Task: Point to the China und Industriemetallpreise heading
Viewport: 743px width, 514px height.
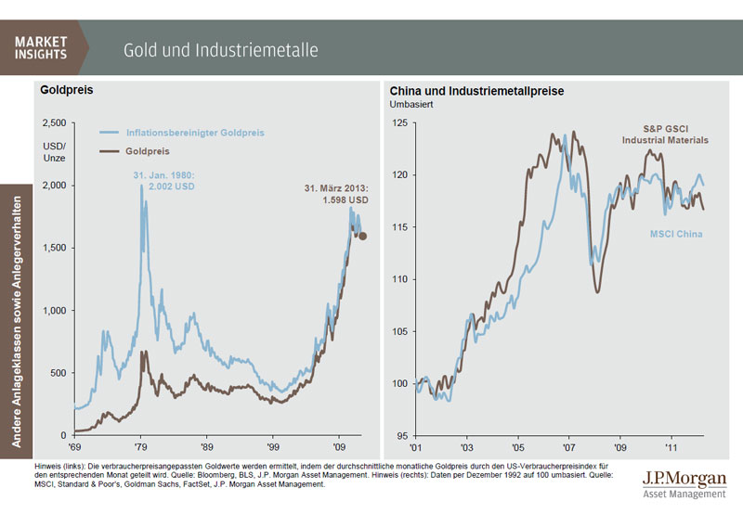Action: (477, 91)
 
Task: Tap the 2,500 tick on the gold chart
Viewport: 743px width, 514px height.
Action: (54, 122)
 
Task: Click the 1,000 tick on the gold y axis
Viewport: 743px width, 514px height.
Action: (54, 310)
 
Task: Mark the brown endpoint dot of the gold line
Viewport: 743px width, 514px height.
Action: (363, 237)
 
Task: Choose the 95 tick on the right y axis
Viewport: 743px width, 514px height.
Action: (403, 434)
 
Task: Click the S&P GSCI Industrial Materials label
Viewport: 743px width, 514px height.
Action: (664, 135)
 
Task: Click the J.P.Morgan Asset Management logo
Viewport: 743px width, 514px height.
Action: (683, 482)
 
